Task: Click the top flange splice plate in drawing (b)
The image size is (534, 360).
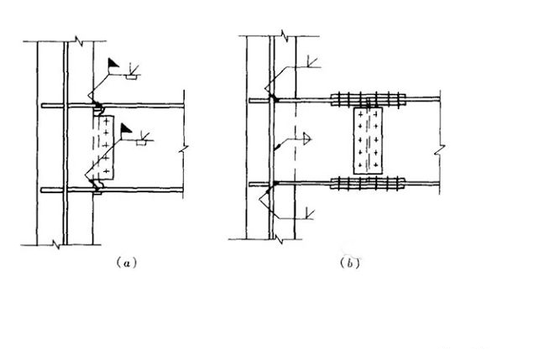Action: tap(369, 97)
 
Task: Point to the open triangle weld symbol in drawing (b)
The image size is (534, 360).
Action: tap(307, 136)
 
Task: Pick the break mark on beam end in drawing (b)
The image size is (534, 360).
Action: tap(439, 150)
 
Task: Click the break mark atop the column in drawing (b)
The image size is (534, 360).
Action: tap(285, 36)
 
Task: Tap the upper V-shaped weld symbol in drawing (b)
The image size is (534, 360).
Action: tap(311, 60)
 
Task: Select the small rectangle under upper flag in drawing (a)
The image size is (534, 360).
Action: tap(131, 76)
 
